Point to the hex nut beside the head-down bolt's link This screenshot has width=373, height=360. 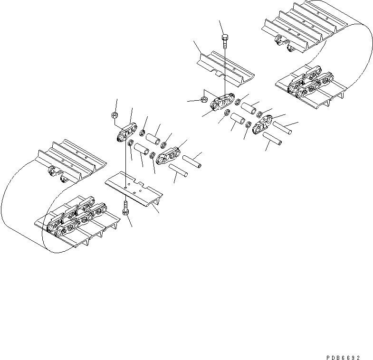pos(114,115)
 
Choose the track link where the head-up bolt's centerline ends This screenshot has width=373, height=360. pos(223,103)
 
